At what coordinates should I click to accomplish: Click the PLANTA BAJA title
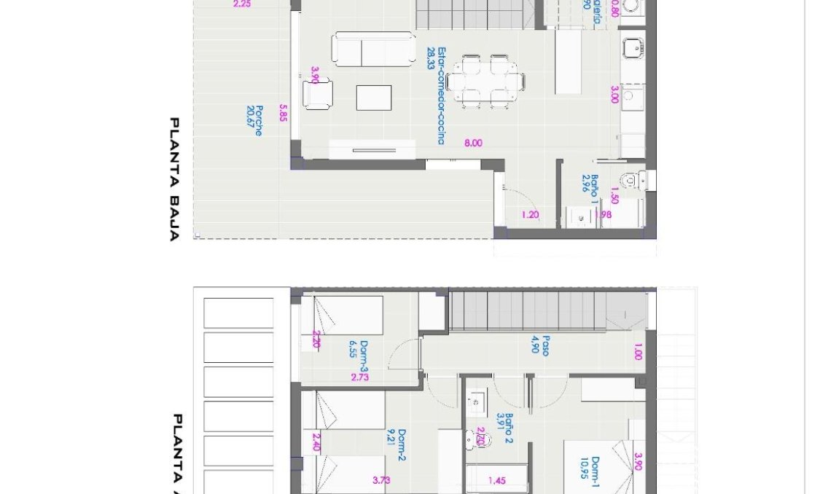click(174, 179)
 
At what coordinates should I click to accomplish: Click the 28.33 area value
click(431, 58)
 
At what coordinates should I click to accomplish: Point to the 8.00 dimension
click(473, 144)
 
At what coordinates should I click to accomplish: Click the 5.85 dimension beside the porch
click(282, 112)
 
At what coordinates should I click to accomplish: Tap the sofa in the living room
click(373, 49)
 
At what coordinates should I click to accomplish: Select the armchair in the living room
click(318, 94)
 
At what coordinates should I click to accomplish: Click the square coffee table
click(373, 98)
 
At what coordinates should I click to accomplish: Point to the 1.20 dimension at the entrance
click(530, 215)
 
